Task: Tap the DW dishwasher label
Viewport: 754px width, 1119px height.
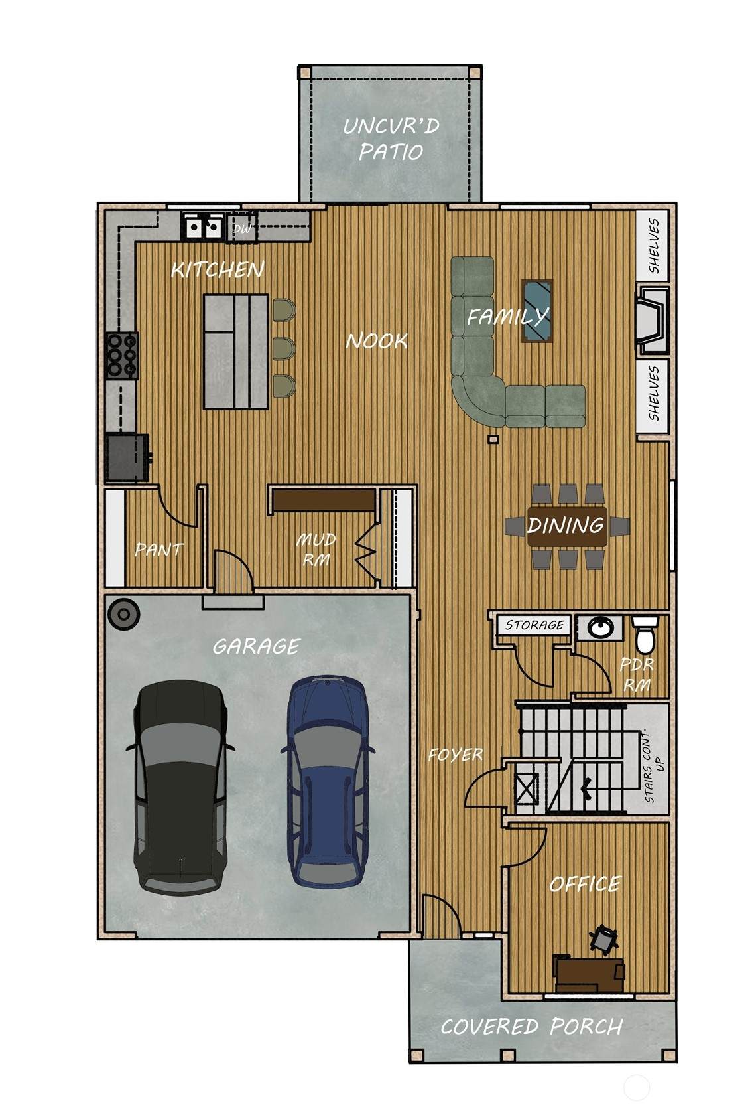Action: tap(242, 229)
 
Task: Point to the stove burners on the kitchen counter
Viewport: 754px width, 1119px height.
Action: tap(122, 355)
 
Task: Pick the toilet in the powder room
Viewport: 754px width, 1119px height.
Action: tap(645, 634)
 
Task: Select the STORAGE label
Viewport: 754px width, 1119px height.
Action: tap(534, 625)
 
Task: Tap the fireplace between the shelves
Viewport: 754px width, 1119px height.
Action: tap(653, 320)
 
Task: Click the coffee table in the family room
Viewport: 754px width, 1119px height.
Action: tap(537, 311)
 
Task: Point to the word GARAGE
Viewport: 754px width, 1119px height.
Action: tap(257, 647)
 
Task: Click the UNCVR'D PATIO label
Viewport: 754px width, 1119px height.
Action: tap(391, 138)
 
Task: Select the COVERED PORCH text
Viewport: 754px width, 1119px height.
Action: tap(532, 1027)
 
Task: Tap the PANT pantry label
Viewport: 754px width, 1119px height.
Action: tap(159, 550)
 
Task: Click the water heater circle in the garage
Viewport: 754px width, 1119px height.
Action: tap(123, 613)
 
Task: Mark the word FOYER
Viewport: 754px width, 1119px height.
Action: tap(456, 755)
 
